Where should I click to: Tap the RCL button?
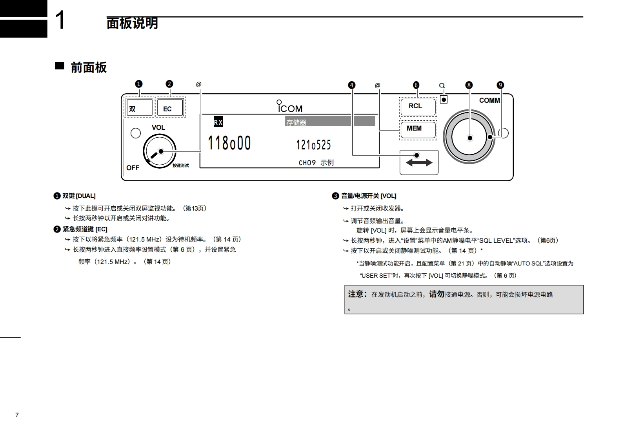[418, 107]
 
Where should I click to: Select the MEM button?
[418, 130]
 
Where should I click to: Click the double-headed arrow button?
[419, 163]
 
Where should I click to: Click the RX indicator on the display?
[218, 122]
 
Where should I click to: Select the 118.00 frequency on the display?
[229, 143]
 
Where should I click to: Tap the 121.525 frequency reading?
[313, 145]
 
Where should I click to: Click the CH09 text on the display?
[307, 163]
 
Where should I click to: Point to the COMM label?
[489, 100]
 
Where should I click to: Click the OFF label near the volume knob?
[133, 168]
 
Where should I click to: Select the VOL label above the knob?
[158, 127]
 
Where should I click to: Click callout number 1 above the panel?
[139, 84]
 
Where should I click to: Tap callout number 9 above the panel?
[500, 85]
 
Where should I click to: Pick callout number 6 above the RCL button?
[416, 85]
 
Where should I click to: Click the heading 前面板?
[88, 67]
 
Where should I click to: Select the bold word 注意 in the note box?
[357, 294]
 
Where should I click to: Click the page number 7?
[17, 415]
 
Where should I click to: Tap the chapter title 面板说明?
[132, 23]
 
